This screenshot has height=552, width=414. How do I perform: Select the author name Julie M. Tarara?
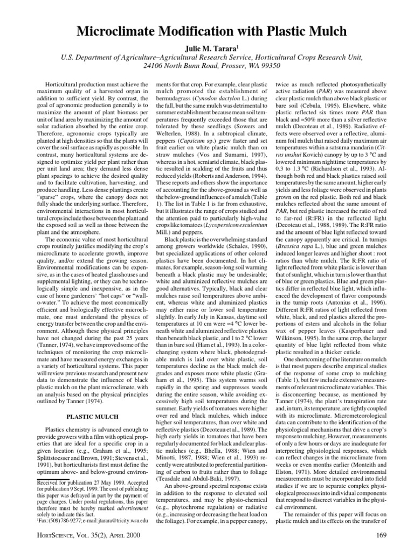[206, 38]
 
